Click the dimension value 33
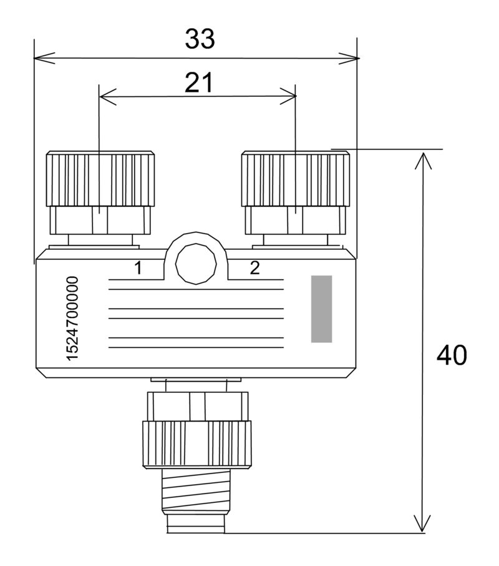click(200, 39)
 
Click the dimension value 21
click(199, 82)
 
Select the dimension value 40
click(452, 355)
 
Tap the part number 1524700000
click(72, 319)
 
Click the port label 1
click(138, 268)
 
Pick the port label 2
click(254, 268)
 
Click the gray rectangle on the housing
click(321, 309)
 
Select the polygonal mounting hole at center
click(196, 264)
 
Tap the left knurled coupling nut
click(100, 179)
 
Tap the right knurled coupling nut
click(296, 179)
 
